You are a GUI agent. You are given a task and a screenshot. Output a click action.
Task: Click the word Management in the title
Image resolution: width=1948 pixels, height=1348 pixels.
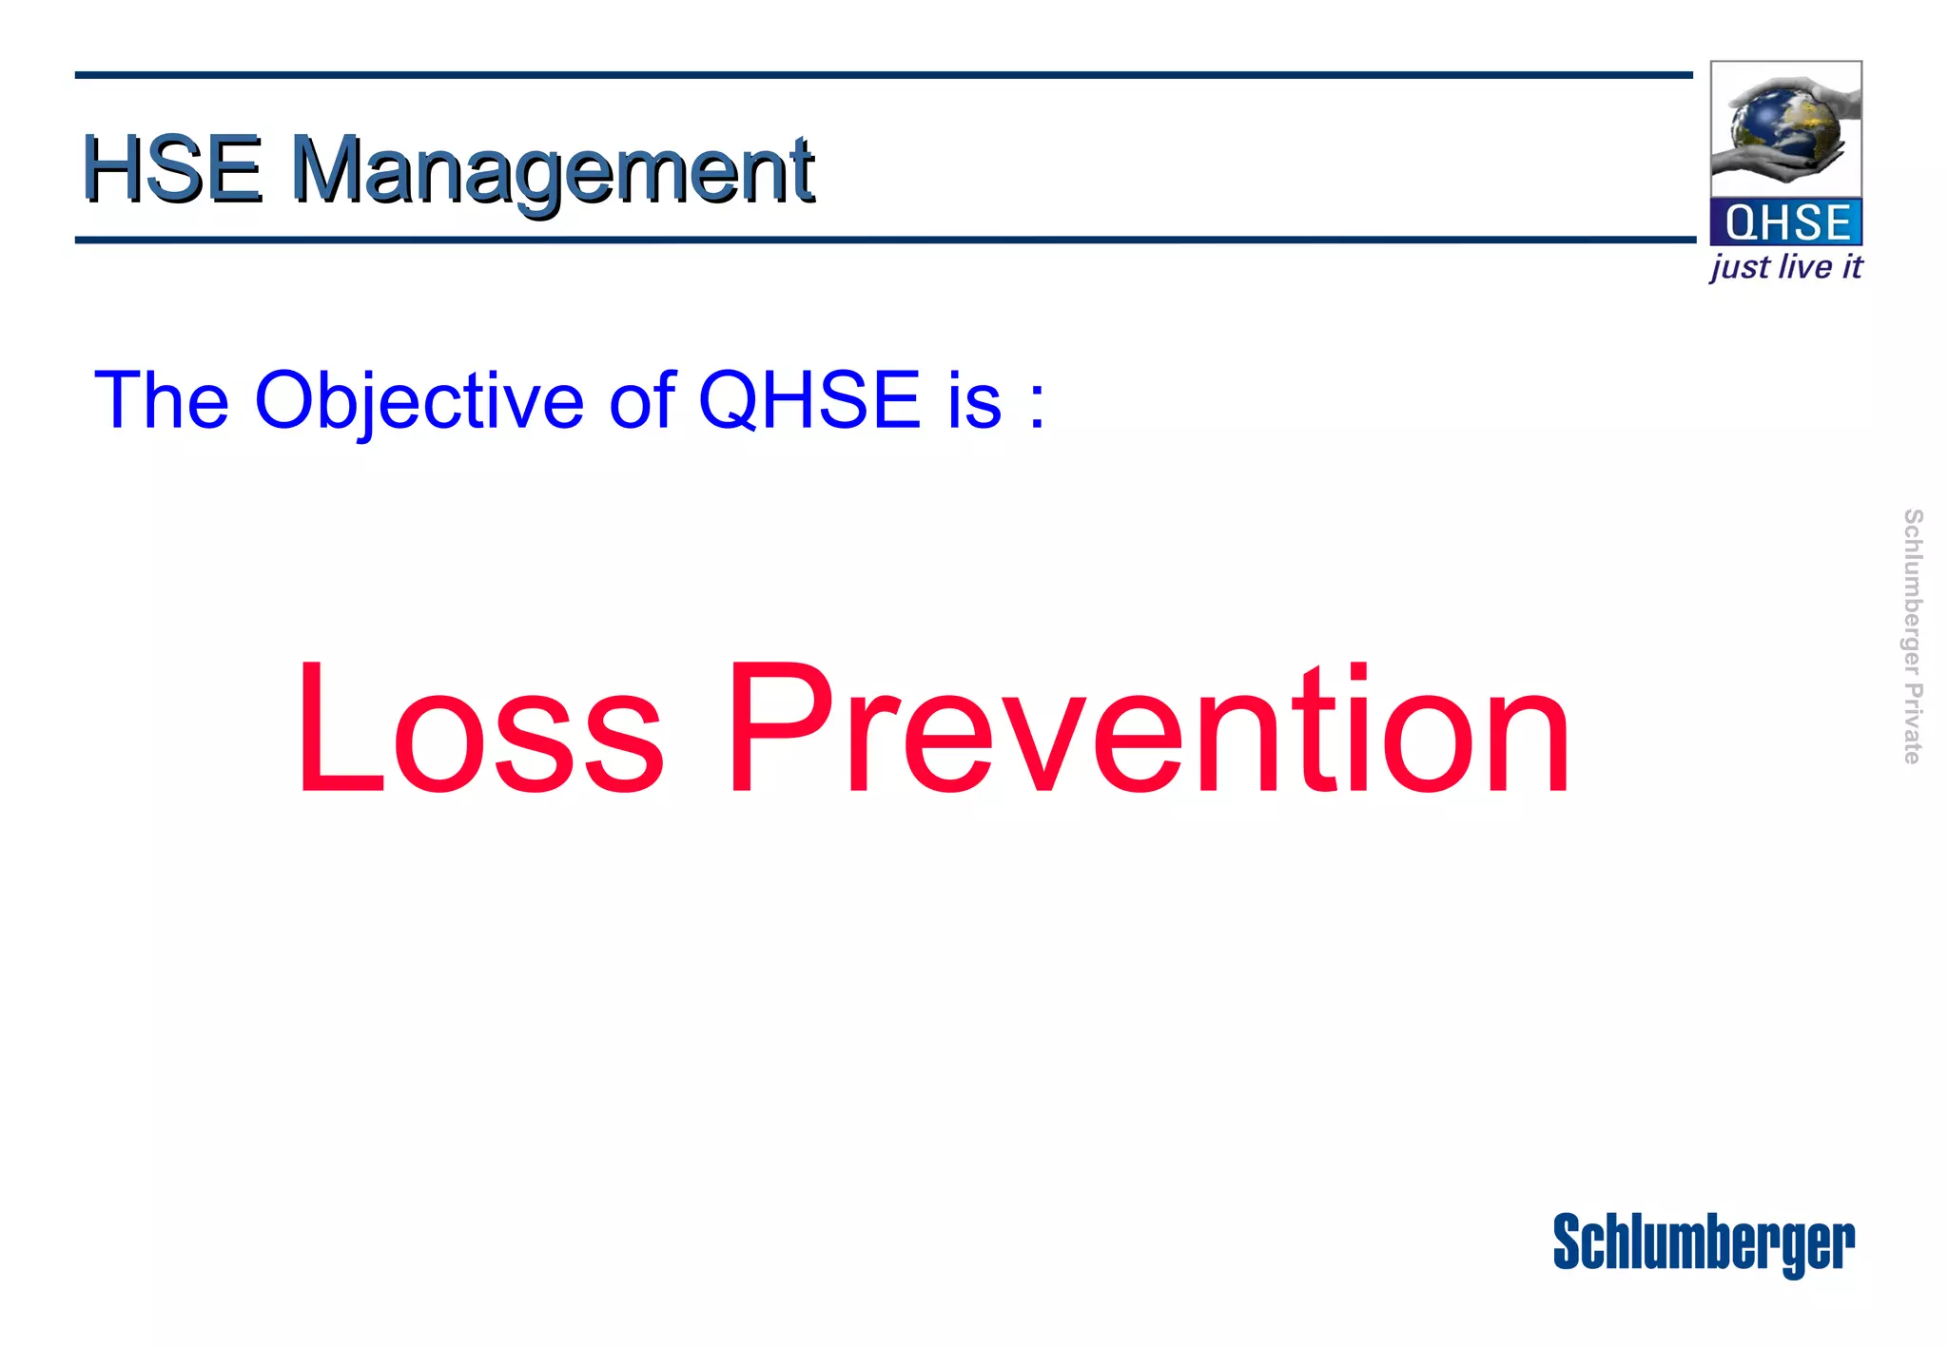pyautogui.click(x=552, y=171)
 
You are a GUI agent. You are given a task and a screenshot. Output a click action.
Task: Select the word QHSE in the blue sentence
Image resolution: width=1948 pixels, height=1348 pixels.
pyautogui.click(x=809, y=399)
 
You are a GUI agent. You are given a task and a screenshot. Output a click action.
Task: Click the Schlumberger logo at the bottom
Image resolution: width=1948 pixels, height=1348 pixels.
pyautogui.click(x=1703, y=1243)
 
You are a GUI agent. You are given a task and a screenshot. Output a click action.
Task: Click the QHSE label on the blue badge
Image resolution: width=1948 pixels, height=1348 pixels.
pyautogui.click(x=1786, y=222)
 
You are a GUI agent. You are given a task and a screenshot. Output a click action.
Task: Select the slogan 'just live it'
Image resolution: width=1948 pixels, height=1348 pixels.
pyautogui.click(x=1785, y=267)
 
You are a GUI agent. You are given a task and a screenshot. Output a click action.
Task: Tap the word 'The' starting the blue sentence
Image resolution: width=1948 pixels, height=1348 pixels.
pyautogui.click(x=162, y=399)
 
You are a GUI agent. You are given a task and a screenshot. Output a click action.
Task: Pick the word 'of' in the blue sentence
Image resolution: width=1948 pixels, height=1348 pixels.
pyautogui.click(x=642, y=399)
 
